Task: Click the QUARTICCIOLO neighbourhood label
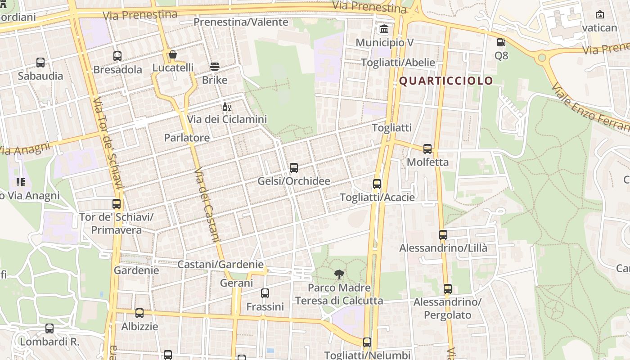[446, 81]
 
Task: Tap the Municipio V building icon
[385, 30]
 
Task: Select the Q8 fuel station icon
[501, 43]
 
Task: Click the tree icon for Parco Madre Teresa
[339, 274]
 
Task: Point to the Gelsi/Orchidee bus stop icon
[294, 168]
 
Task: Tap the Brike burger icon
[215, 67]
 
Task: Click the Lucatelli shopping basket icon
[173, 55]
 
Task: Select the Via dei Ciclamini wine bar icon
[227, 107]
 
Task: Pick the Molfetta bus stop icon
[427, 148]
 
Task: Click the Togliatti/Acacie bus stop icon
[377, 184]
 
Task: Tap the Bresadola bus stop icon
[117, 56]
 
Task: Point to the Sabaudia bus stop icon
[40, 63]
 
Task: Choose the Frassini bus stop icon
[265, 293]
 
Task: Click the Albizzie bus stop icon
[139, 313]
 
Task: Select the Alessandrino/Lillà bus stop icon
[443, 235]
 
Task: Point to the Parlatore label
[187, 138]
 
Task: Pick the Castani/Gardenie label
[220, 265]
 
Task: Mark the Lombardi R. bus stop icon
[49, 328]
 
